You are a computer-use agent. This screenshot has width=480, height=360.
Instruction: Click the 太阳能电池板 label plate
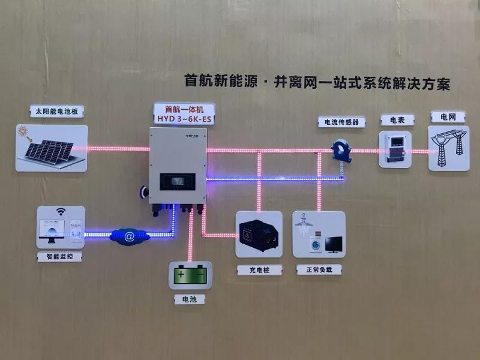coord(56,112)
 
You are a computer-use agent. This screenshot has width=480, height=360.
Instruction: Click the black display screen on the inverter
coord(178,179)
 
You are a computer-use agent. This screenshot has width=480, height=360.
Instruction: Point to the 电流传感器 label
coord(341,122)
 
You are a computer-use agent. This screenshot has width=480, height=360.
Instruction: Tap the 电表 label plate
coord(397,120)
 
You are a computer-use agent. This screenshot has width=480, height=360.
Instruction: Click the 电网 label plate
coord(448,116)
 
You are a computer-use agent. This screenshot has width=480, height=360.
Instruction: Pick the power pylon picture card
coord(448,148)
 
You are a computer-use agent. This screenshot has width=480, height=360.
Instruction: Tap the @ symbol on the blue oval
coord(130,236)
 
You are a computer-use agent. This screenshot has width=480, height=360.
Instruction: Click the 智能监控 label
coord(60,256)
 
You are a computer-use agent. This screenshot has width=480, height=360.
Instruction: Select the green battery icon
coord(190,275)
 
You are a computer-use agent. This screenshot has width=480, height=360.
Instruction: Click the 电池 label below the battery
coord(190,298)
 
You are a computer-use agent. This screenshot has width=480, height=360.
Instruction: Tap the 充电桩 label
coord(259,270)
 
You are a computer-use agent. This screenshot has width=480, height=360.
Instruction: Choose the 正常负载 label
coord(318,270)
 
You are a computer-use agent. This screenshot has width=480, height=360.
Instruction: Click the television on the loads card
coord(333,243)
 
